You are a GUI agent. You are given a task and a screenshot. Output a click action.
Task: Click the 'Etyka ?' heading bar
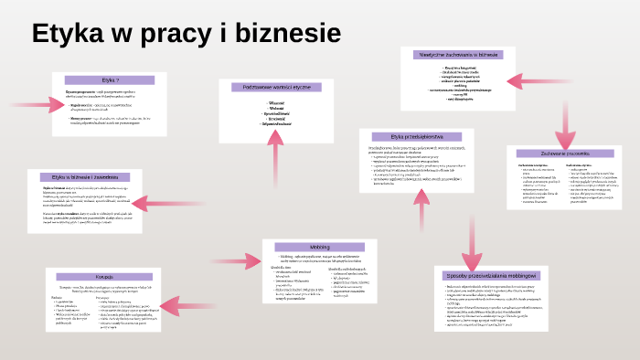(109, 81)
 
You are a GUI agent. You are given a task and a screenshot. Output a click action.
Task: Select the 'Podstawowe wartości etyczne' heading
(276, 88)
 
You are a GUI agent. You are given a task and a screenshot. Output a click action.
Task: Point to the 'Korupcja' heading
(102, 276)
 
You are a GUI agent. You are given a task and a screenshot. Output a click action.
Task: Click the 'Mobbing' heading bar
(319, 247)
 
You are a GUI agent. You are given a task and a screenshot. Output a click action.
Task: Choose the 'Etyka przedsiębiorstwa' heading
(416, 137)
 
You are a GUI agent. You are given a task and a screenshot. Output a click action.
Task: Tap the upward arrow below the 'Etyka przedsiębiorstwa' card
(422, 215)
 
